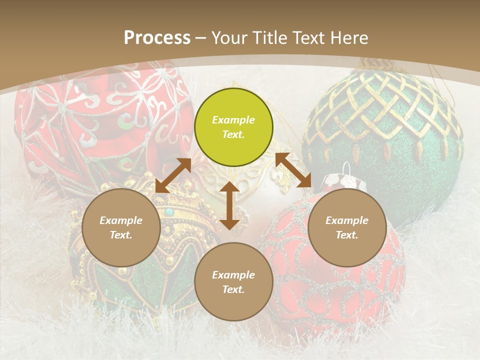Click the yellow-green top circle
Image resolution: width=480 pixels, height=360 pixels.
point(233,127)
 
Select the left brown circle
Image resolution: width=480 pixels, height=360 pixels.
point(121,227)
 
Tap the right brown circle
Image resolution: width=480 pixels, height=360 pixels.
point(347,227)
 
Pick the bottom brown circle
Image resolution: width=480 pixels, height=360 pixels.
point(233,281)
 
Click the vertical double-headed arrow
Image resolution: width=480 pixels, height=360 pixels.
point(229,205)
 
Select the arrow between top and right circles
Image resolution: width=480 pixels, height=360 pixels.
point(293,170)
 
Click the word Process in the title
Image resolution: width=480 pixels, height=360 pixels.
point(157,37)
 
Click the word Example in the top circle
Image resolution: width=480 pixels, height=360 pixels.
point(233,120)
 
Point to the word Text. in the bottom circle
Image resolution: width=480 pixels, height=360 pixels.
point(233,289)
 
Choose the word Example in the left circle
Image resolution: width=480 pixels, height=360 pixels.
point(121,220)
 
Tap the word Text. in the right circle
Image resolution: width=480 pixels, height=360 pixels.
point(347,235)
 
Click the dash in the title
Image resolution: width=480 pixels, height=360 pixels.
point(201,37)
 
